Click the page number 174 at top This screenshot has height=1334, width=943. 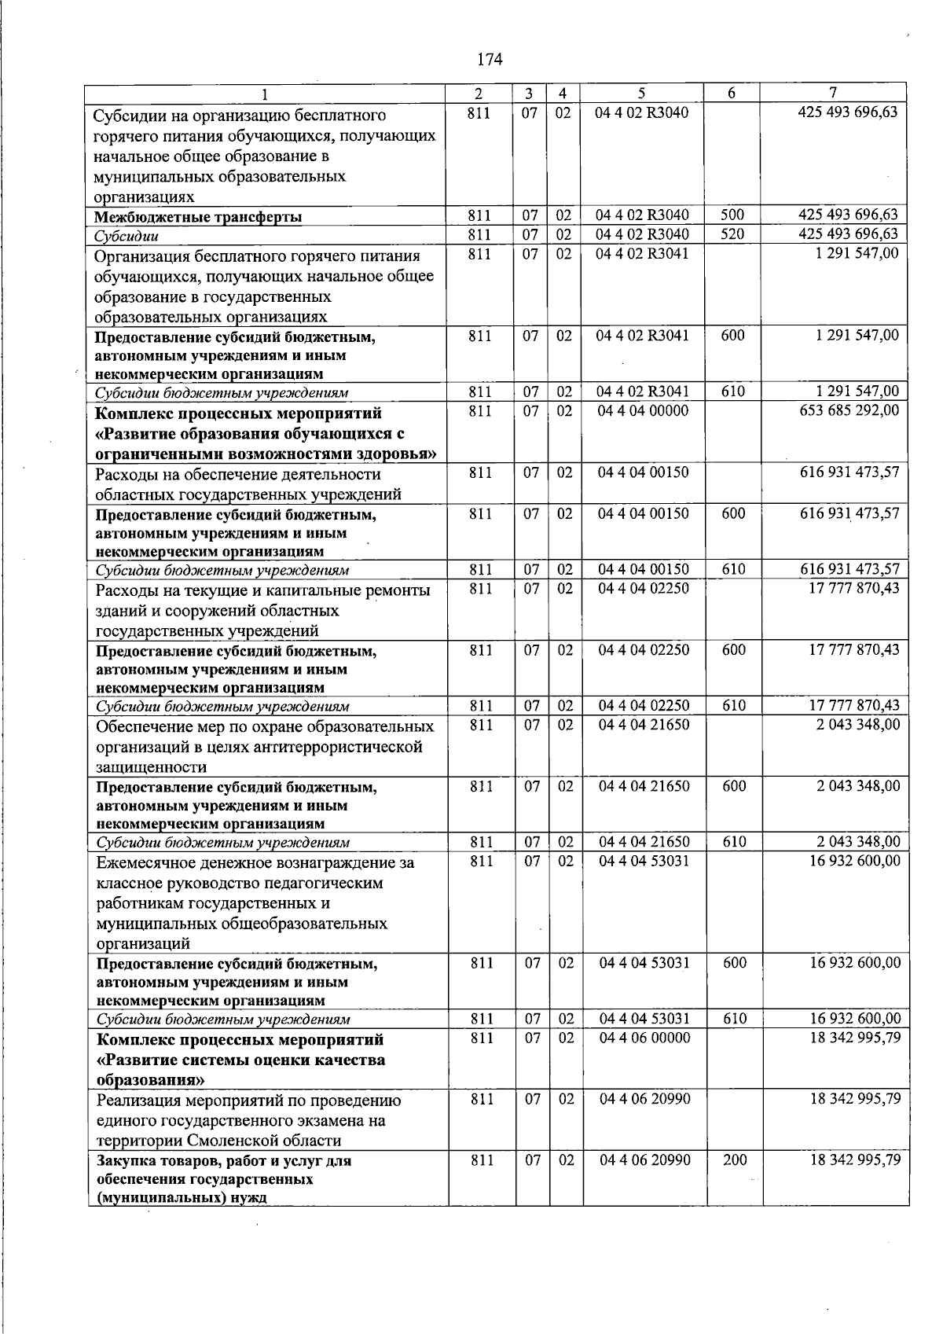point(489,59)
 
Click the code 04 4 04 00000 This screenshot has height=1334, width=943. point(643,410)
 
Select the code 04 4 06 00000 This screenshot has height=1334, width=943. point(644,1038)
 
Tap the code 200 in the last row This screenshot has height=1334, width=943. point(734,1159)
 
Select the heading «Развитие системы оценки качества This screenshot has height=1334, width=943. point(240,1060)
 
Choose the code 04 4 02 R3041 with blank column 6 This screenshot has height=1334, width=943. point(642,253)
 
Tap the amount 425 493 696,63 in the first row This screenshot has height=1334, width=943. point(847,112)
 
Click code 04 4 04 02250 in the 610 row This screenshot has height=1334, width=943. point(644,706)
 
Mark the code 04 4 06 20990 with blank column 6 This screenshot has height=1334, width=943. point(644,1099)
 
